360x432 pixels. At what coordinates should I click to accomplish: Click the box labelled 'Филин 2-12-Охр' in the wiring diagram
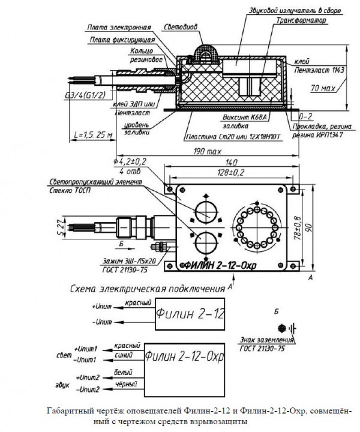[x=185, y=358]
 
